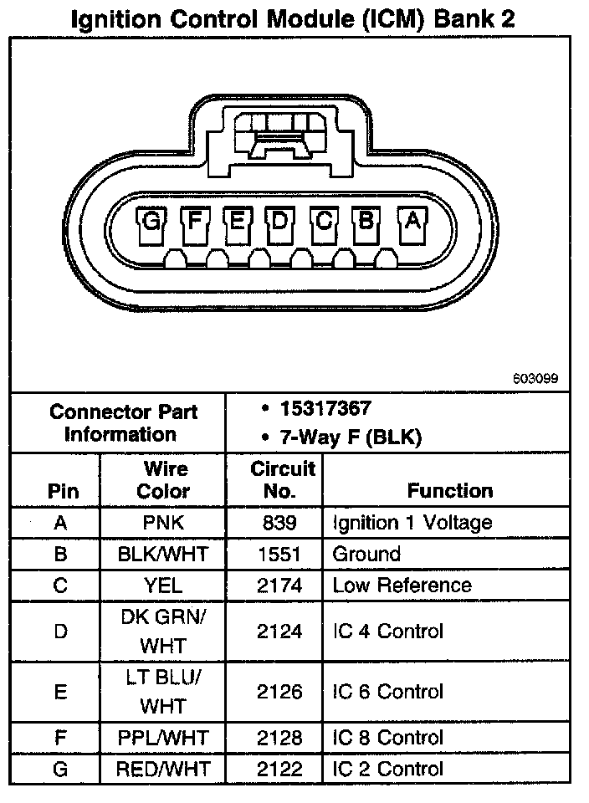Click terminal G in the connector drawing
coord(151,222)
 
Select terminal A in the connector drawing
coord(412,222)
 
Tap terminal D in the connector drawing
coord(280,222)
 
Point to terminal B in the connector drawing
coord(367,222)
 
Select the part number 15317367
coord(325,409)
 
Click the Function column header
coord(449,490)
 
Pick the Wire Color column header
coord(162,479)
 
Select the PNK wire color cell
coord(162,523)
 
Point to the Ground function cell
coord(366,554)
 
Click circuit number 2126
coord(278,692)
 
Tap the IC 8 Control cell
coord(387,738)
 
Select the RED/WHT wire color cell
coord(162,769)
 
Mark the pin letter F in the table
coord(60,738)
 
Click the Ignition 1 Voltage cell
coord(412,523)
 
